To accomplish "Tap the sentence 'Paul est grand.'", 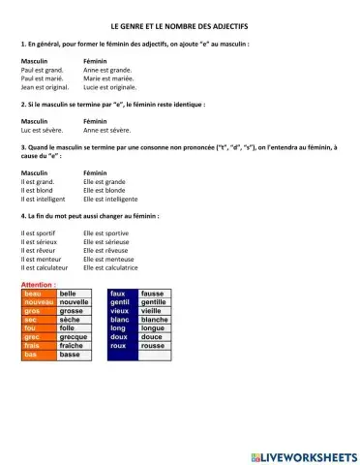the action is click(x=42, y=70).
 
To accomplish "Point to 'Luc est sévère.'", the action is click(x=42, y=129).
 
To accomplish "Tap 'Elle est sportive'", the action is click(x=105, y=233).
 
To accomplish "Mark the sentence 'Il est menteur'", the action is click(x=41, y=259).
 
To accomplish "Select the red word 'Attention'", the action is click(x=38, y=285).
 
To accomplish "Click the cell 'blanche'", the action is click(x=154, y=320).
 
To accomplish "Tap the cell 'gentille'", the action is click(x=154, y=302).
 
